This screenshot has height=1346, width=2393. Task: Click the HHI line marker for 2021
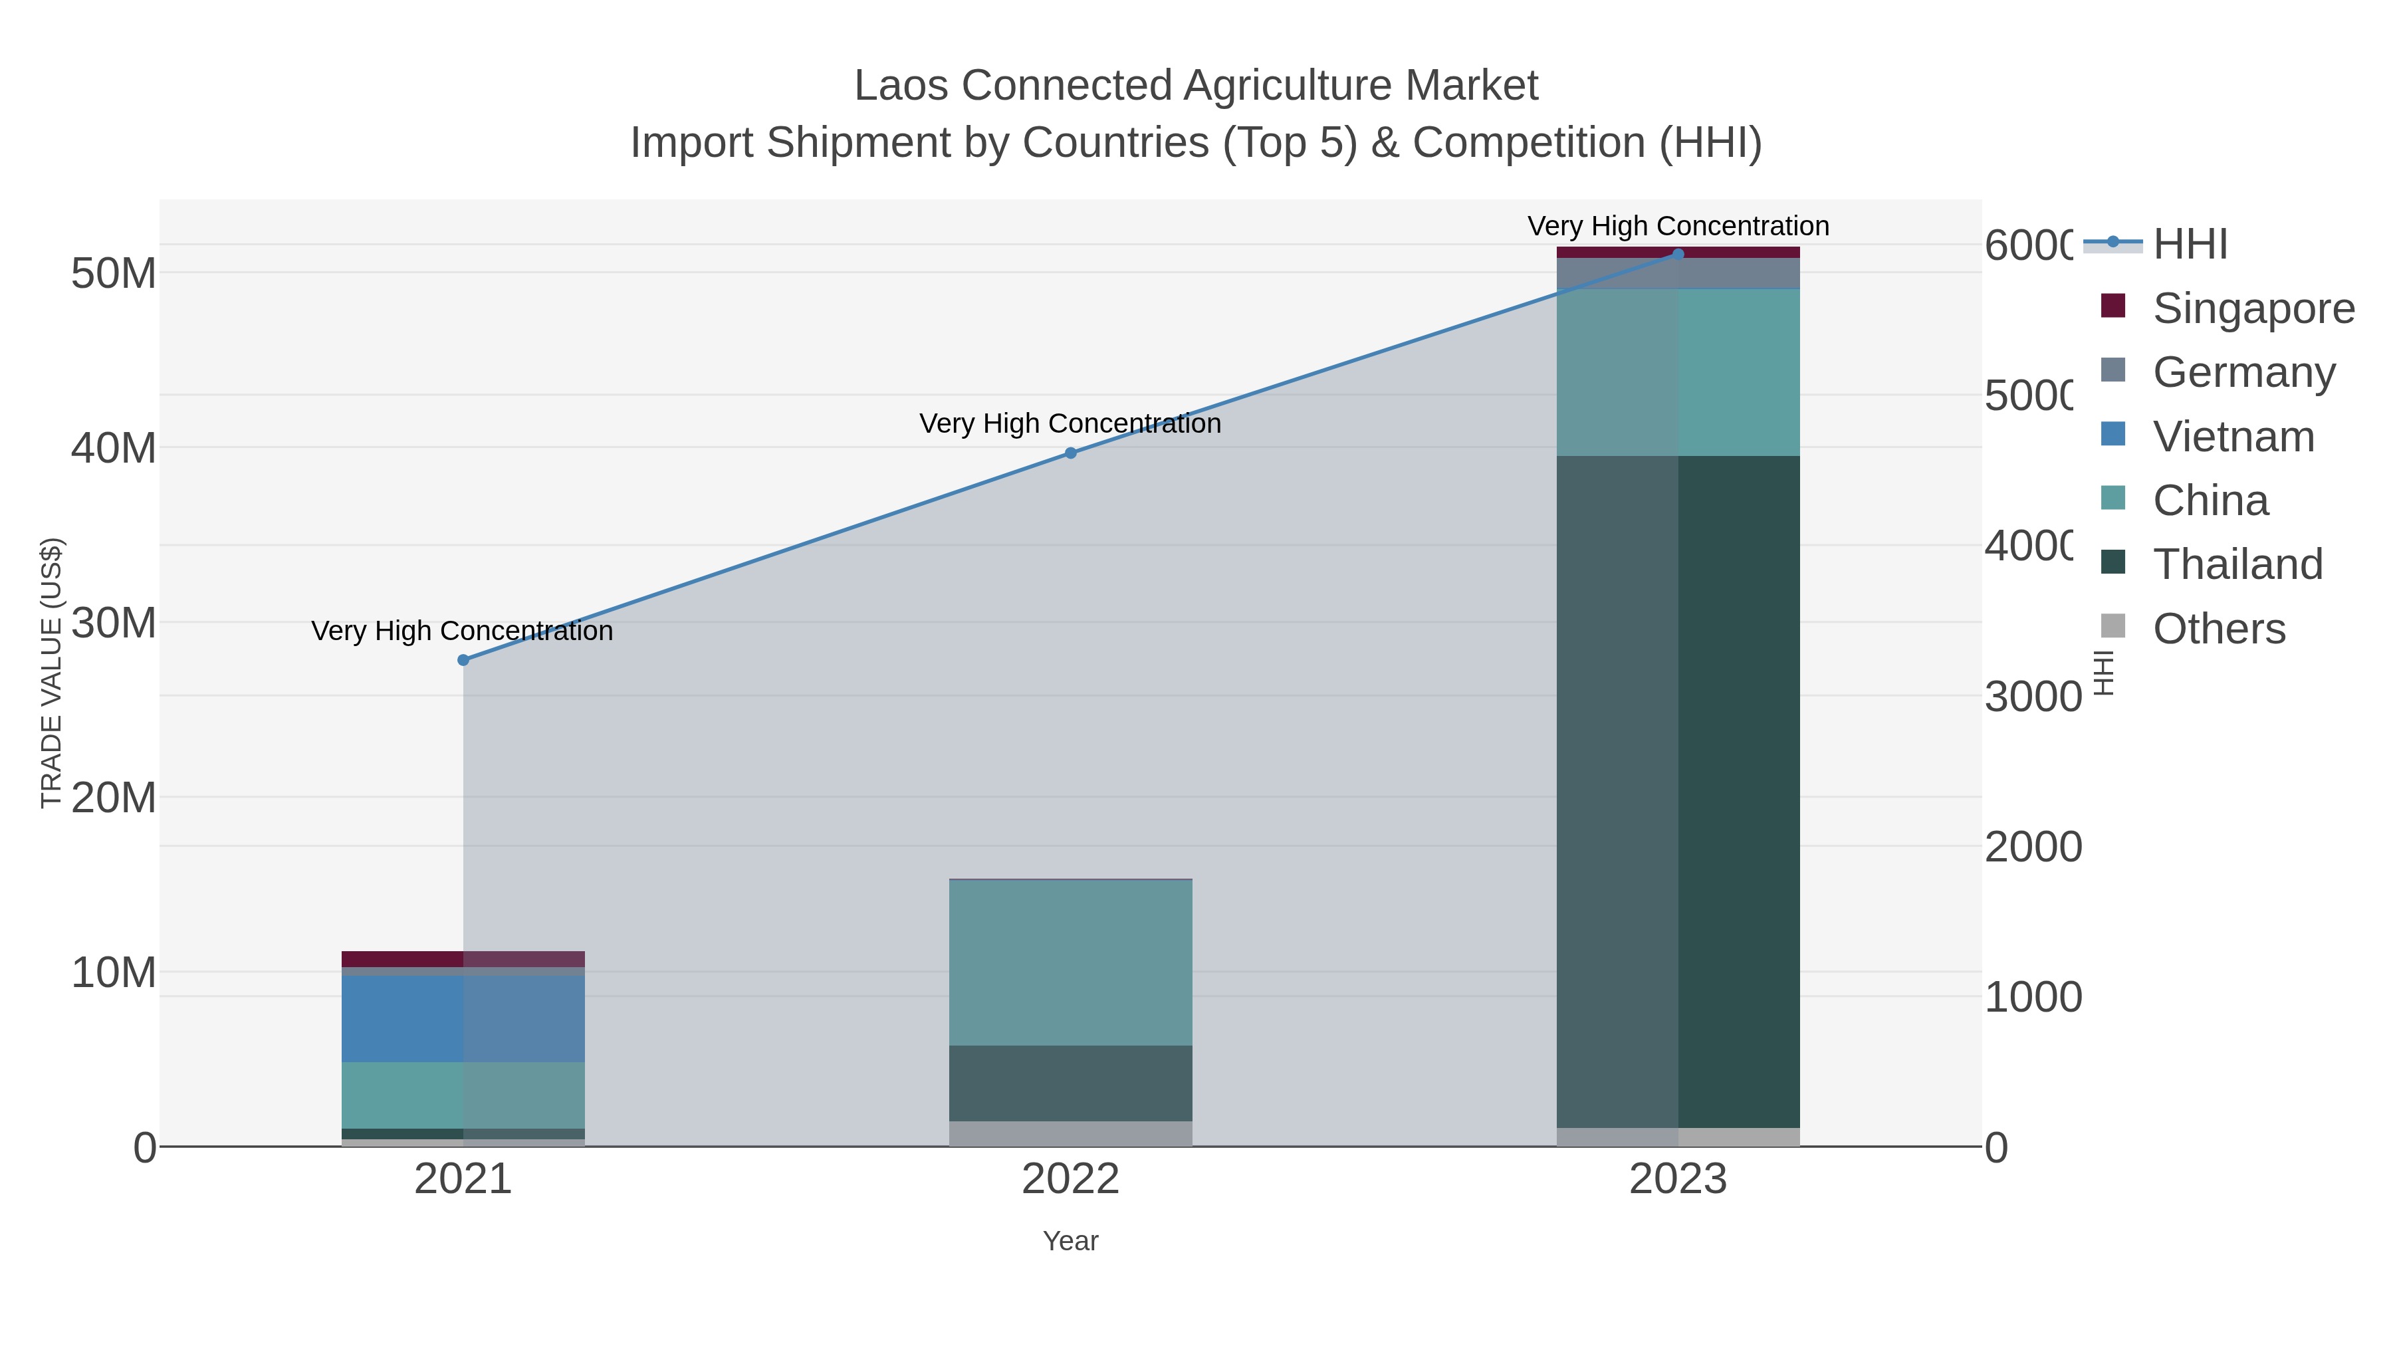(463, 659)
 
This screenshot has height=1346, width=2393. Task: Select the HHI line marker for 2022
(1070, 453)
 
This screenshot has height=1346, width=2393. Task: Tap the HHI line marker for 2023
(1678, 254)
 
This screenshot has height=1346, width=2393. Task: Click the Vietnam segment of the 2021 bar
(463, 1018)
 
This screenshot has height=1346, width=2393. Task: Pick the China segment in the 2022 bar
(1070, 962)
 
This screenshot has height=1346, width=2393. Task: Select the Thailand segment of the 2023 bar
(1678, 792)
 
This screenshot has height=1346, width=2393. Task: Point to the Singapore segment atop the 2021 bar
(463, 958)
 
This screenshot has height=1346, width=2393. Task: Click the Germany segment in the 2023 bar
(1678, 274)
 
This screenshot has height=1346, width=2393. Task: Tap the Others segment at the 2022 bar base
(1070, 1133)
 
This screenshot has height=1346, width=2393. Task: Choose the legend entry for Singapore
(2253, 308)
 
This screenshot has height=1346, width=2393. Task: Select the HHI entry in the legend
(2190, 245)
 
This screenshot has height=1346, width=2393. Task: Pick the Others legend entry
(2218, 629)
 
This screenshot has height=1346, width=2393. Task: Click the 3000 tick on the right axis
(2033, 697)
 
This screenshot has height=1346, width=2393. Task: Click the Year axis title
(1070, 1241)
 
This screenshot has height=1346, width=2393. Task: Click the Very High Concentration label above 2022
(1070, 423)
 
